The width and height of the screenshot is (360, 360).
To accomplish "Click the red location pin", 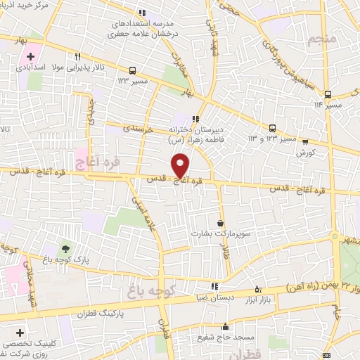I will coord(181,166).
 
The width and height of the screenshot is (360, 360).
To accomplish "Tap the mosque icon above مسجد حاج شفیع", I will coord(225,326).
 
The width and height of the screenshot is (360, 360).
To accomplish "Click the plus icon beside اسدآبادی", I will coord(30,56).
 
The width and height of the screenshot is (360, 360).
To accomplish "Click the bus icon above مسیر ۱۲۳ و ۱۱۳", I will coord(272,128).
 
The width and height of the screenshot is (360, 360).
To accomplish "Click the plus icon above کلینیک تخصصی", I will coord(19,332).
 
